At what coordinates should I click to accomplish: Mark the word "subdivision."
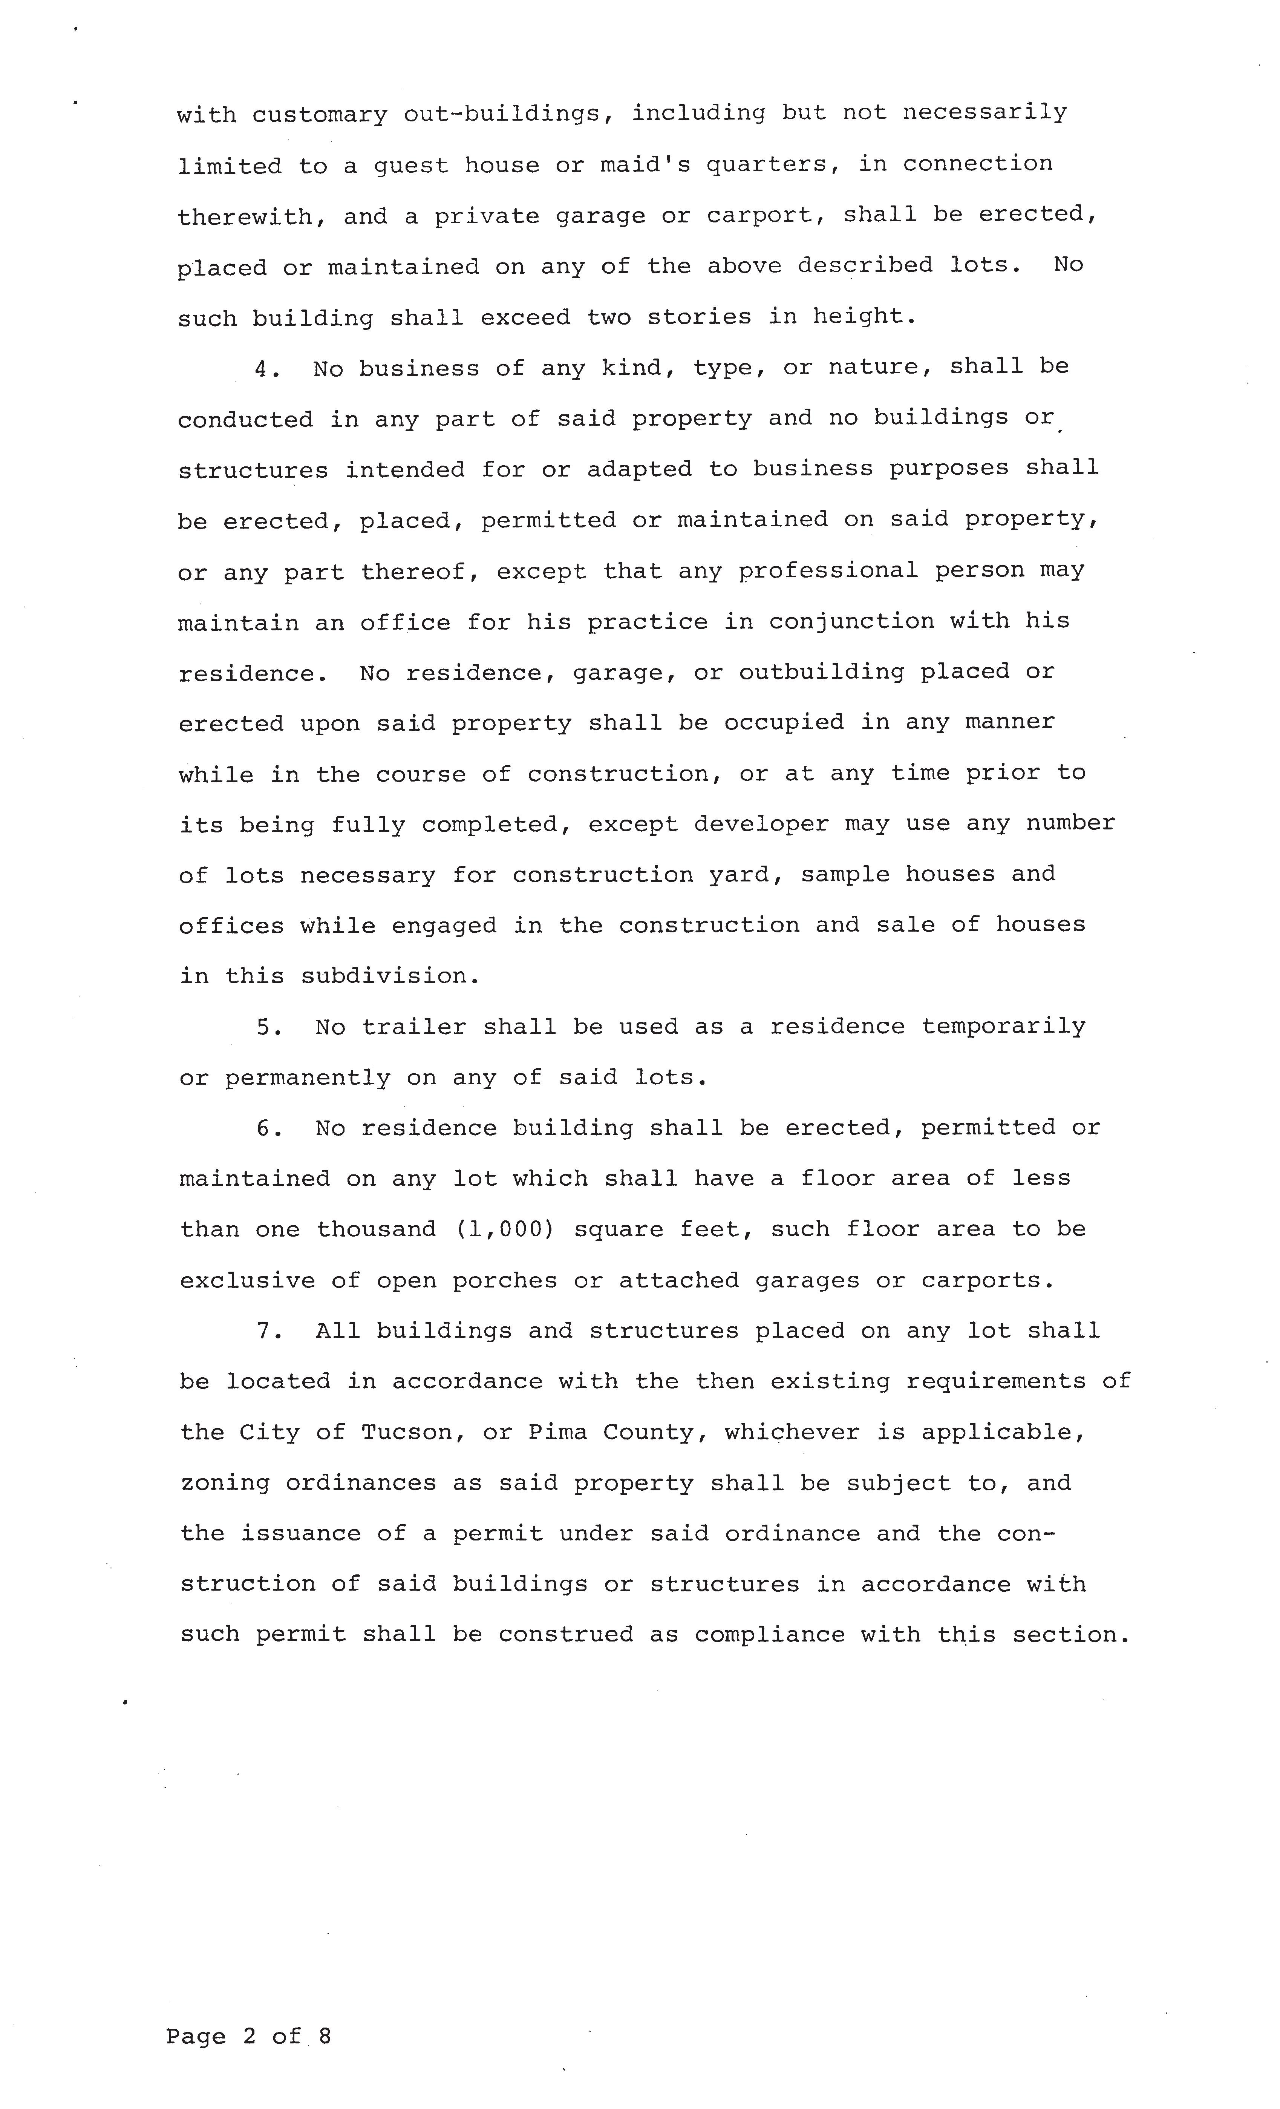pyautogui.click(x=390, y=976)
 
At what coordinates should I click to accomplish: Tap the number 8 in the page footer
pyautogui.click(x=324, y=2036)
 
